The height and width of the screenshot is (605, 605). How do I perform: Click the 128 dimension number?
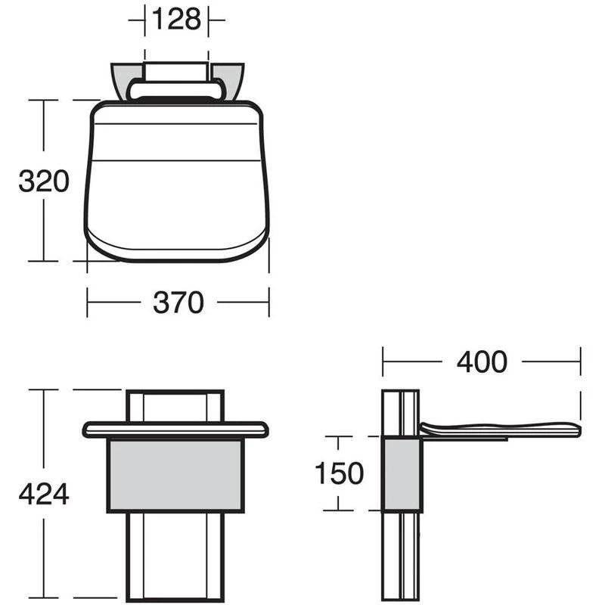[x=177, y=19]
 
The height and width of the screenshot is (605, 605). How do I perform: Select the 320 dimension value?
[x=44, y=181]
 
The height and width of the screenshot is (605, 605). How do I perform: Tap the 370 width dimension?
[x=178, y=302]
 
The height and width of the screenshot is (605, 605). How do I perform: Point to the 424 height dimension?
[x=44, y=494]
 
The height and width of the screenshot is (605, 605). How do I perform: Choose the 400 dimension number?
[x=482, y=361]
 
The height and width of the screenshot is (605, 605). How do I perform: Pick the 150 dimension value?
[x=339, y=473]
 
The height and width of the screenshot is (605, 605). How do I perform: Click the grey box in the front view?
[x=175, y=476]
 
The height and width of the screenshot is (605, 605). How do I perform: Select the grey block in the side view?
[x=402, y=474]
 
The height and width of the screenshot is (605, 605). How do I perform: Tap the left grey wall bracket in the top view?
[x=123, y=80]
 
